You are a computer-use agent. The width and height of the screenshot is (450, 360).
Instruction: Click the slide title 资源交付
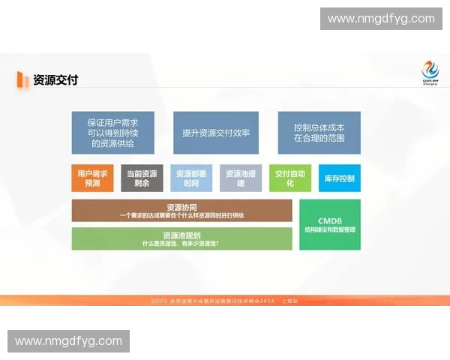click(55, 79)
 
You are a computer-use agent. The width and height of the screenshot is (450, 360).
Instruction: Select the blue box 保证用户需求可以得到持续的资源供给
click(112, 133)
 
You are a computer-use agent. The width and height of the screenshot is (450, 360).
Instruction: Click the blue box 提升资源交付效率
click(216, 133)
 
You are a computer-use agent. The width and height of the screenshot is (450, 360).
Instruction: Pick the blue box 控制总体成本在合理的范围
click(319, 133)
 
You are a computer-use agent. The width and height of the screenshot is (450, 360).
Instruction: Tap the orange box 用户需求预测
click(92, 178)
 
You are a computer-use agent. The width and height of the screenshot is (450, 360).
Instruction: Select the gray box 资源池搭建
click(241, 178)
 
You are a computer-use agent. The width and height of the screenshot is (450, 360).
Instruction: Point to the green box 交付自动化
click(290, 178)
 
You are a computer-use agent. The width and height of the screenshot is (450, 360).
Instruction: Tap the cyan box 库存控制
click(339, 178)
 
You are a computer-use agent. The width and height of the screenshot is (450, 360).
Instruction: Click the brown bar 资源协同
click(181, 211)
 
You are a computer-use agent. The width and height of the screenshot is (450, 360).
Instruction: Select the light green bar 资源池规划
click(181, 238)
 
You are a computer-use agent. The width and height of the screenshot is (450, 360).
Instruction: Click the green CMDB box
click(330, 224)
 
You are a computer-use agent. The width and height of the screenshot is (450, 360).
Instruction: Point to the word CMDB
click(330, 220)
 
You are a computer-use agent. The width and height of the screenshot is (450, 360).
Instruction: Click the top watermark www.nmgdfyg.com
click(381, 18)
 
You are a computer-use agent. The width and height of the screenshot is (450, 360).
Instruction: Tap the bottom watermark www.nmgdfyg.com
click(68, 341)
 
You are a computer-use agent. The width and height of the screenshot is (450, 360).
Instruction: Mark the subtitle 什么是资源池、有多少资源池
click(181, 244)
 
